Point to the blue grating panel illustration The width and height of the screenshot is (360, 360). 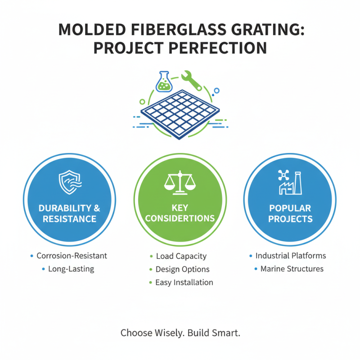click(x=180, y=109)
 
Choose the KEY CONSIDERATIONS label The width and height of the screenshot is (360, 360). click(x=180, y=213)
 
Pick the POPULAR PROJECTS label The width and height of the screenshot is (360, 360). click(x=290, y=214)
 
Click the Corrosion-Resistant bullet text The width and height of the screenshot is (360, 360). click(x=72, y=256)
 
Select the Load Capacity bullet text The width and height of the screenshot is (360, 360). click(x=181, y=256)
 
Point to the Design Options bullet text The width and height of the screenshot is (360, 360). click(x=182, y=269)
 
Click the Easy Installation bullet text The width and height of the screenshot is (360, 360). click(x=184, y=283)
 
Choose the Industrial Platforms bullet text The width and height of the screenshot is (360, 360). click(x=291, y=256)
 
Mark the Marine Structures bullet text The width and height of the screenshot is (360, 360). click(x=292, y=269)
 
